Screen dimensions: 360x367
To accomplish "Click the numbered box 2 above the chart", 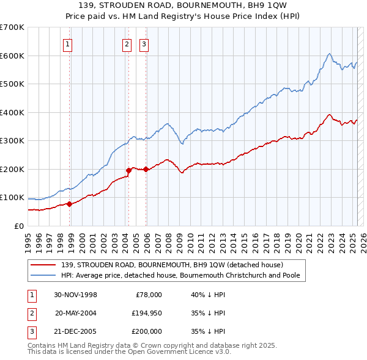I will (x=127, y=43).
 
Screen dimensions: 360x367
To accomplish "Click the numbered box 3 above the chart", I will (x=144, y=43).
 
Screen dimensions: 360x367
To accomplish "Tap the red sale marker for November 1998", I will (x=70, y=204).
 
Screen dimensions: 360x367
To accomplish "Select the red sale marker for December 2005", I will (x=146, y=170).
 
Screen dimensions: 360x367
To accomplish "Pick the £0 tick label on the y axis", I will (x=19, y=226).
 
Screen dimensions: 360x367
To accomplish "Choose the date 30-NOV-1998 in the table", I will (x=75, y=295).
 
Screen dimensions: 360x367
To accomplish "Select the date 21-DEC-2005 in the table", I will (x=75, y=331).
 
